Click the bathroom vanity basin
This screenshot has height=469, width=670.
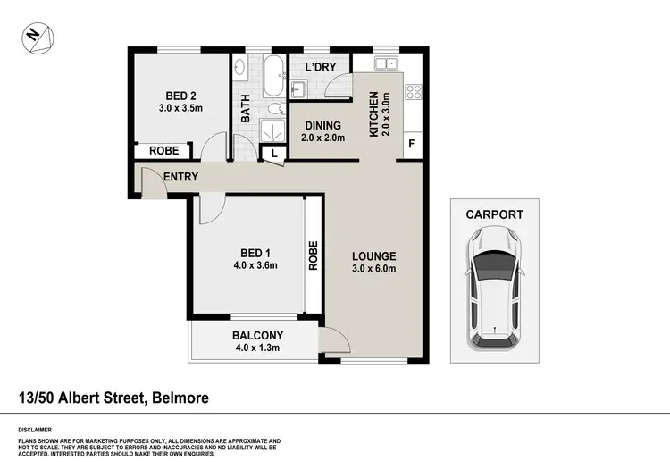pyautogui.click(x=239, y=68)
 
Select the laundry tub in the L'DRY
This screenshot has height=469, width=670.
pyautogui.click(x=298, y=88)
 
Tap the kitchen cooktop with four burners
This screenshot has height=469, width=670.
pyautogui.click(x=413, y=92)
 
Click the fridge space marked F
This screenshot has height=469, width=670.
pyautogui.click(x=412, y=144)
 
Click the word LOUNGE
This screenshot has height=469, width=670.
pyautogui.click(x=373, y=256)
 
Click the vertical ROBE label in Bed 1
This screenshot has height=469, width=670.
pyautogui.click(x=313, y=256)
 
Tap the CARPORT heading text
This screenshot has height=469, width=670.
pyautogui.click(x=494, y=214)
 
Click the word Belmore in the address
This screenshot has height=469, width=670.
pyautogui.click(x=178, y=397)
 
